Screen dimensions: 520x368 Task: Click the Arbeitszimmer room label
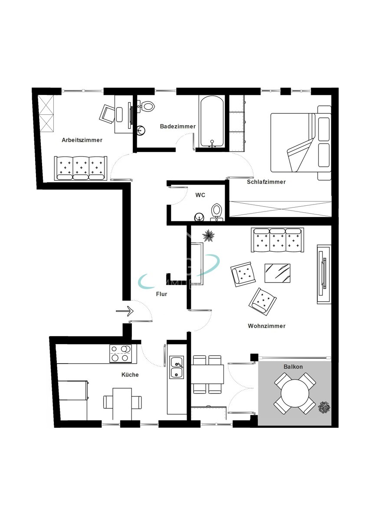(x=82, y=140)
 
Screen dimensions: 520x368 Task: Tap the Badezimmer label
(x=177, y=127)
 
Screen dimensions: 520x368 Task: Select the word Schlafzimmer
(x=266, y=182)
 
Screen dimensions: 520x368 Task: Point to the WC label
(x=200, y=195)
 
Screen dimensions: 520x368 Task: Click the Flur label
(x=161, y=294)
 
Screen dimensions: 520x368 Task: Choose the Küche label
(x=130, y=374)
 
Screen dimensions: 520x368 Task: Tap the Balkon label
(x=293, y=367)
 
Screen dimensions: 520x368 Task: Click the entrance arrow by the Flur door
(x=125, y=311)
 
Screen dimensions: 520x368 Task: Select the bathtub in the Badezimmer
(x=211, y=122)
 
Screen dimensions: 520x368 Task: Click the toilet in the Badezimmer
(x=148, y=106)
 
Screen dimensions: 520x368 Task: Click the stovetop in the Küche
(x=120, y=353)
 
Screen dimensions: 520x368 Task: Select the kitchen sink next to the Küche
(x=177, y=367)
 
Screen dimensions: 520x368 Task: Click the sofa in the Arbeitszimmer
(x=80, y=168)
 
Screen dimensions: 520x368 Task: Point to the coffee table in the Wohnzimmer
(x=277, y=273)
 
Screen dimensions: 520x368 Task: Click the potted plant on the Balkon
(x=324, y=408)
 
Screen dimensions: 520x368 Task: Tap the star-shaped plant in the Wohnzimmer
(x=209, y=235)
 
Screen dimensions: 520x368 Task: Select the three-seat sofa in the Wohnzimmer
(x=277, y=240)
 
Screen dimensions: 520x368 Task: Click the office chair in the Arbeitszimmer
(x=108, y=113)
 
